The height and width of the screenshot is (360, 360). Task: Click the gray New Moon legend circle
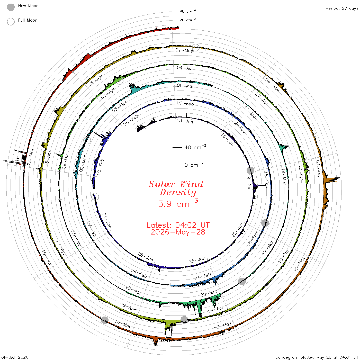[11, 7]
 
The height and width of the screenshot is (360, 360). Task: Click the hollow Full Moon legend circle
[11, 22]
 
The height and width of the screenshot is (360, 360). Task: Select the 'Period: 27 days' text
[342, 8]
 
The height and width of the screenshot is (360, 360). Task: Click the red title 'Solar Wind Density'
[176, 188]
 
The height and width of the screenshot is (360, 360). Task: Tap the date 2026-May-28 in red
[178, 232]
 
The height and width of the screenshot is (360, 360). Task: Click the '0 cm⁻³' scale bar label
[194, 165]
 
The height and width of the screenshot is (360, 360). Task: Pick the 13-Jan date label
[185, 121]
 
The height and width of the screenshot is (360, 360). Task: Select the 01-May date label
[184, 50]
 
